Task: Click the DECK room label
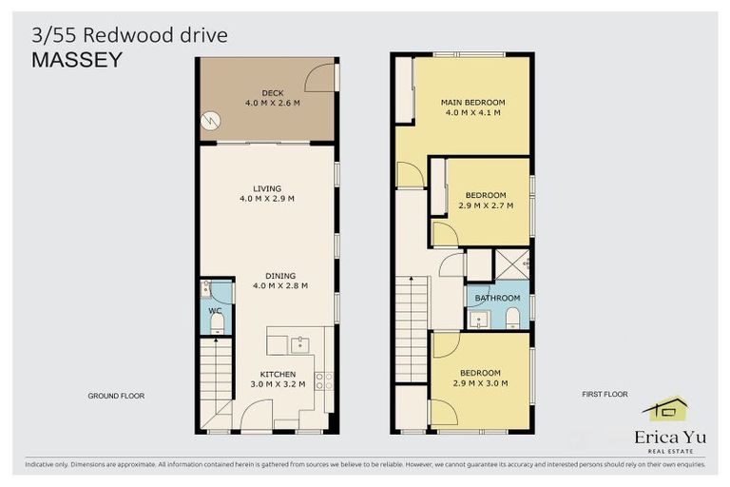266,92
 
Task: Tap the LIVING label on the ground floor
266,188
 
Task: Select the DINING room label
266,275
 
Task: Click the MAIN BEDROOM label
471,102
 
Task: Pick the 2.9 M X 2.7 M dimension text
487,205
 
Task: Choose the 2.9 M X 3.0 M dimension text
480,382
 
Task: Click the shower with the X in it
514,263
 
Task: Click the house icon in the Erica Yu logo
664,409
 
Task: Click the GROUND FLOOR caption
115,395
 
